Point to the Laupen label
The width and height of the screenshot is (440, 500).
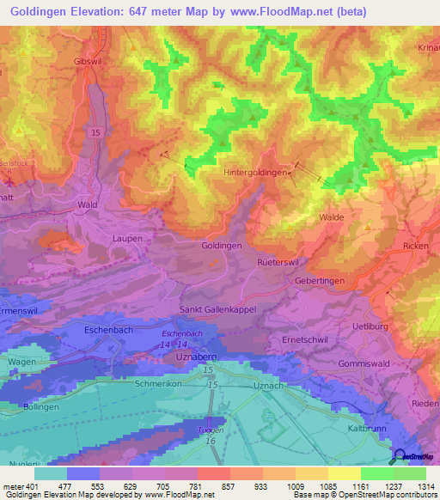click(126, 238)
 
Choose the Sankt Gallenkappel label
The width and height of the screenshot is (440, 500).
click(217, 309)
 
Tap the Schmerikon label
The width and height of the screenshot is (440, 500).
click(157, 384)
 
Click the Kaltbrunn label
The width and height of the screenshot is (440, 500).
click(368, 427)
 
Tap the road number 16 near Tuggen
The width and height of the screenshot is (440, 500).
click(209, 441)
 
